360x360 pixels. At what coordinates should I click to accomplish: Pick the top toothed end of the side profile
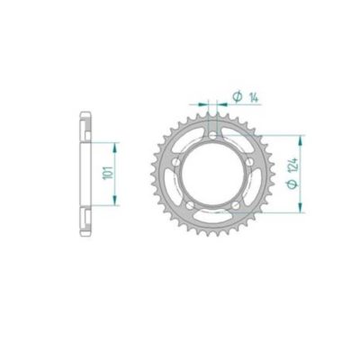coord(85,116)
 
